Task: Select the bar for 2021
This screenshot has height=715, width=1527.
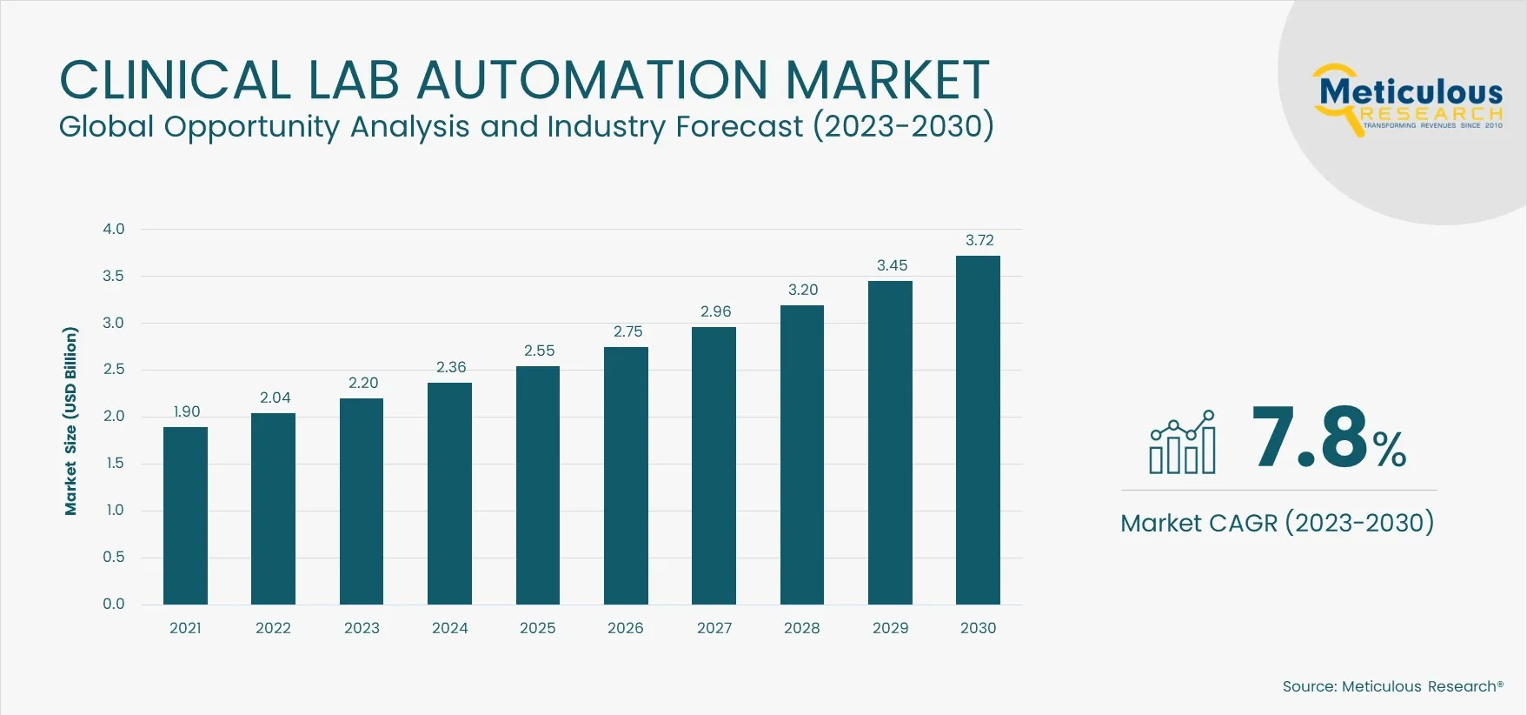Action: point(185,515)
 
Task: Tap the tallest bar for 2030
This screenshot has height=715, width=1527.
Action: point(978,430)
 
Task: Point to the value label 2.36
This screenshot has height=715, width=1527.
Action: point(451,367)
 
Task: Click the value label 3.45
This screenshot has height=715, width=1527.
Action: point(892,265)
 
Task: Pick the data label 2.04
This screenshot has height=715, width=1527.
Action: point(275,398)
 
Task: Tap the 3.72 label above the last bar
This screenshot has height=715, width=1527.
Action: point(979,240)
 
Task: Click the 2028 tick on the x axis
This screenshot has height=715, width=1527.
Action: point(801,628)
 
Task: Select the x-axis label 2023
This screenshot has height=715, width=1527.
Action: point(362,628)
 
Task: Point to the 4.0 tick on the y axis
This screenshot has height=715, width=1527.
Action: point(114,229)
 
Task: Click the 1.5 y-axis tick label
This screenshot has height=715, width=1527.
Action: point(115,463)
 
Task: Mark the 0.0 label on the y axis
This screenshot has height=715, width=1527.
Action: point(114,604)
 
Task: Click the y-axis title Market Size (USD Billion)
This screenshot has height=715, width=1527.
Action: point(70,421)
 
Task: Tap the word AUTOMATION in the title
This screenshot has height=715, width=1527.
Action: point(593,80)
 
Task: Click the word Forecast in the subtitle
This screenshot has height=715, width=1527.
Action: point(740,127)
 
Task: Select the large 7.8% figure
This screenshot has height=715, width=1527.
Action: point(1328,438)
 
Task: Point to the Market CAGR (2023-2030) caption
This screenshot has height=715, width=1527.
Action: point(1277,523)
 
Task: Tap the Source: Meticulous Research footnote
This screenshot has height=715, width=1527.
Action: point(1392,686)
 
